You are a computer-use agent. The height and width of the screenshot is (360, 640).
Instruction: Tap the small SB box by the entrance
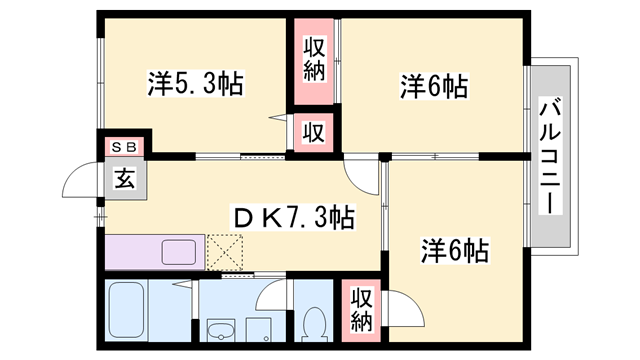(126, 147)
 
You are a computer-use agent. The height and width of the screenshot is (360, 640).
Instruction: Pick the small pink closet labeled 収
(313, 131)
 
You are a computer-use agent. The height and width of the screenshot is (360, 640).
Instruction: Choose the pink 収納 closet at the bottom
(361, 310)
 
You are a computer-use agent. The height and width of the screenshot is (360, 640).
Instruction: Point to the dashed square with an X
(226, 251)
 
